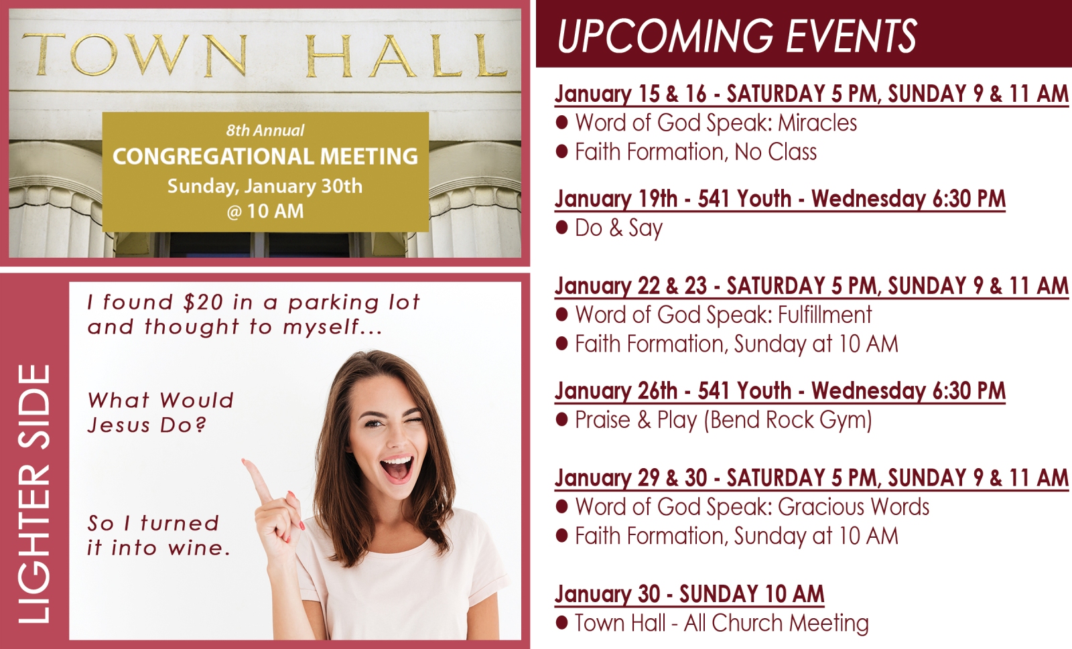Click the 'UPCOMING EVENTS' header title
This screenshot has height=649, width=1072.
click(737, 35)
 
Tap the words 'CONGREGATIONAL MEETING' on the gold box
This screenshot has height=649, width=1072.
click(265, 157)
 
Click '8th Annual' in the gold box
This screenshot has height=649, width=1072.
click(265, 130)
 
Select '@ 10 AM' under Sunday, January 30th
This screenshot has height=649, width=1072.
click(265, 211)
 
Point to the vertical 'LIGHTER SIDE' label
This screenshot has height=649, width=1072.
click(34, 494)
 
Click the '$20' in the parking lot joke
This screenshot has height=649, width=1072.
click(203, 302)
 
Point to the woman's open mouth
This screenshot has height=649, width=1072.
click(396, 468)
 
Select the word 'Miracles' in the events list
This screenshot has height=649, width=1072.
click(817, 123)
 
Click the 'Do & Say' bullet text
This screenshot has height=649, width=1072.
click(619, 228)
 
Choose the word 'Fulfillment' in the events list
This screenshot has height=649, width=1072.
click(825, 315)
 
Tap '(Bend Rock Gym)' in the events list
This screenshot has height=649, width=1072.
click(788, 421)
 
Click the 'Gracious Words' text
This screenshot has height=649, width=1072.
click(854, 507)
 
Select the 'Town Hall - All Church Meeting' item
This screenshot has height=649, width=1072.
click(722, 623)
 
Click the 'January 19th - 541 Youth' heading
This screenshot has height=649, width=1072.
click(673, 198)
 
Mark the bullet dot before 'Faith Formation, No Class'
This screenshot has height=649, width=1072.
click(562, 152)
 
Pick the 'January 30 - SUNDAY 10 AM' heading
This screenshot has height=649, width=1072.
click(689, 594)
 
